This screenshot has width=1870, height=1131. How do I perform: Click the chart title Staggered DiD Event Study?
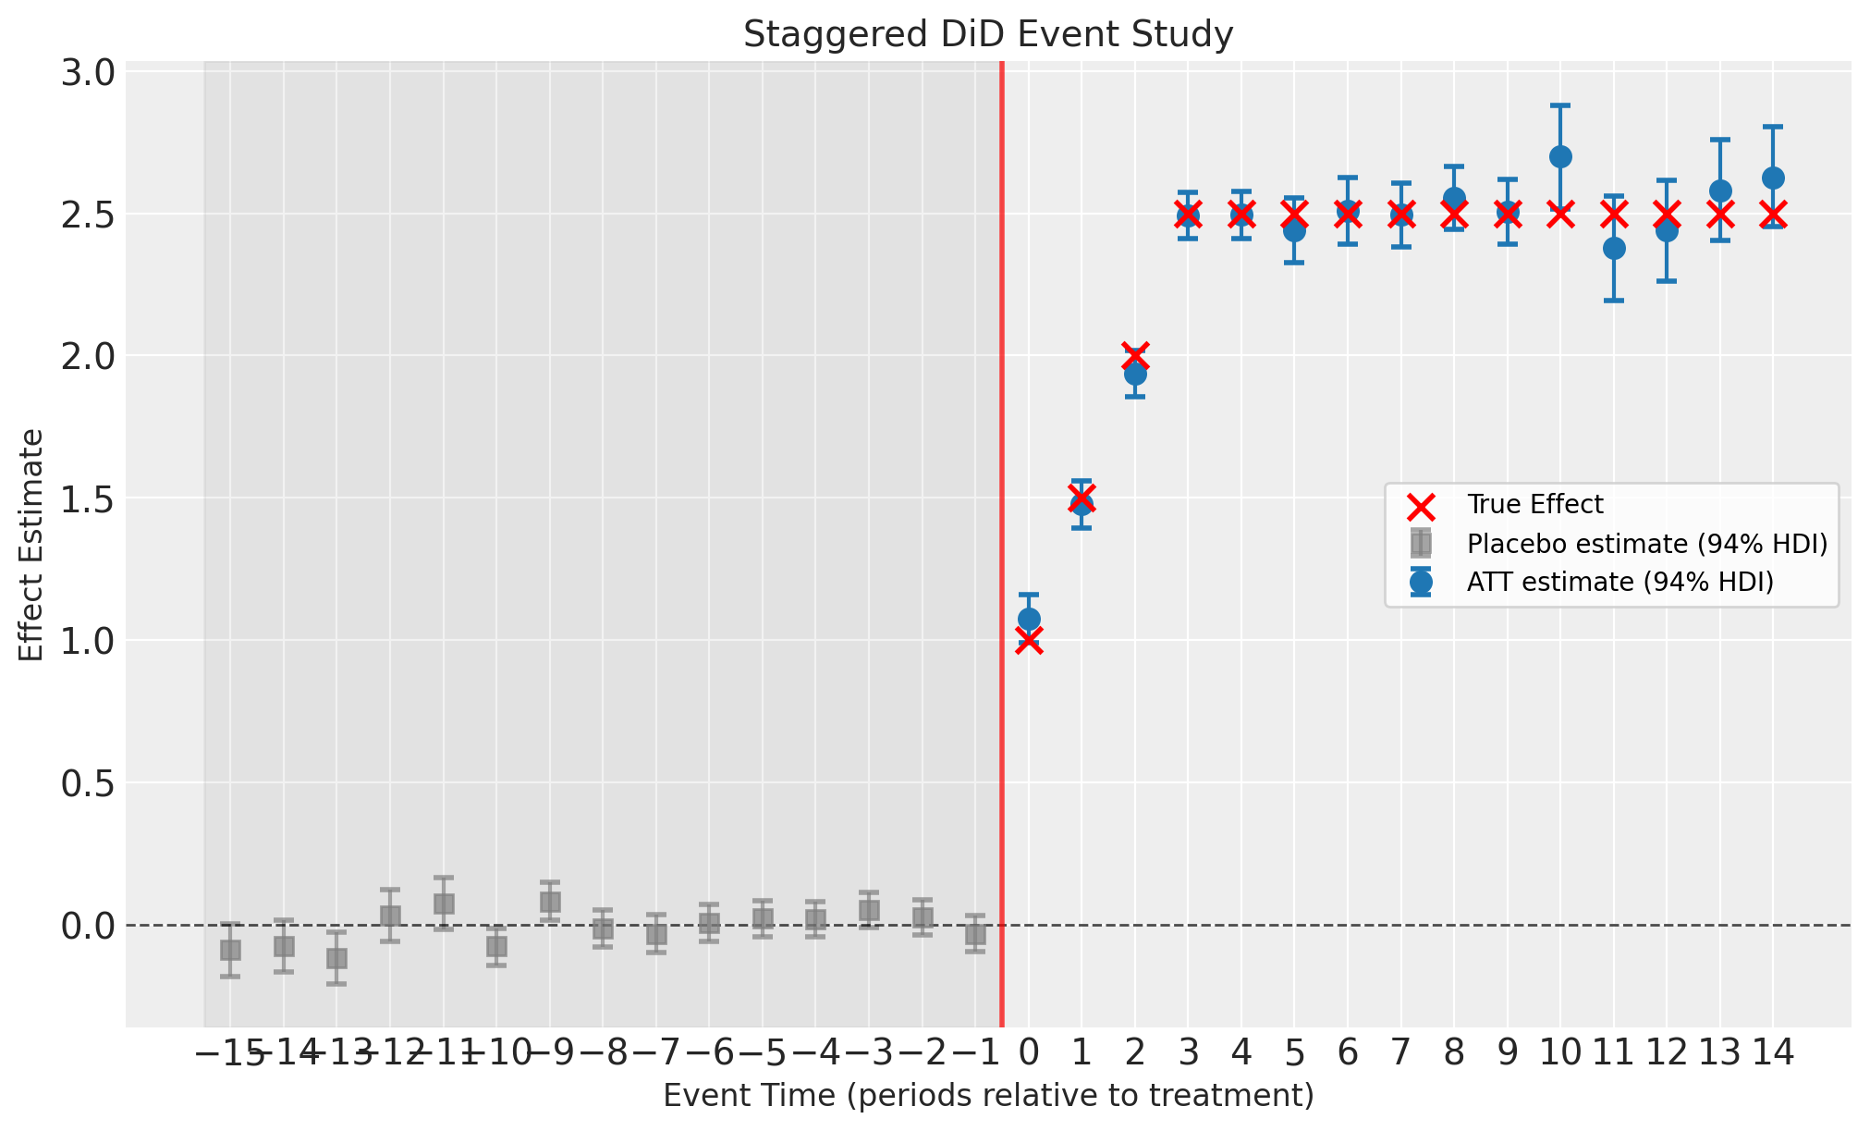[988, 35]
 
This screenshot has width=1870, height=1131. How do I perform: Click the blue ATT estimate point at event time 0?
[1029, 619]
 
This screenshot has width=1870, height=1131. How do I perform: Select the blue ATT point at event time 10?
[1560, 156]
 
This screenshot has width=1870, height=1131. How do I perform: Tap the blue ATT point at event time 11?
[1614, 248]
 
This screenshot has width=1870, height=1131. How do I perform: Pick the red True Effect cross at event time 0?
[1029, 641]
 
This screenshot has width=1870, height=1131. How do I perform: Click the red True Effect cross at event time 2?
[1135, 356]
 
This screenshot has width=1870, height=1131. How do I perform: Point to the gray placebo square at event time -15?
[230, 950]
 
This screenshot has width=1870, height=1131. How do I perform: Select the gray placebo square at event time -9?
[550, 902]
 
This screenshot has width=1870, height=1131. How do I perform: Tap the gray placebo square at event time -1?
[975, 934]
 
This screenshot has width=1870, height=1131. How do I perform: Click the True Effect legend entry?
[1534, 505]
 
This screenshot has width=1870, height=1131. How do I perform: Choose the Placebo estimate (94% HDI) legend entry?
[1646, 544]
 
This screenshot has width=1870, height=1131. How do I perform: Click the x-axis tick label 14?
[1773, 1052]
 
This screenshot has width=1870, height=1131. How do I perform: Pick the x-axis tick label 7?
[1401, 1052]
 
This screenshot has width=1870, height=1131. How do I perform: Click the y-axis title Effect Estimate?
[32, 545]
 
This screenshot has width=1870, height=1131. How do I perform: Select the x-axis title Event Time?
[988, 1096]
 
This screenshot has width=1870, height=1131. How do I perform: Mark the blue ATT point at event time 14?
[1773, 178]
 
